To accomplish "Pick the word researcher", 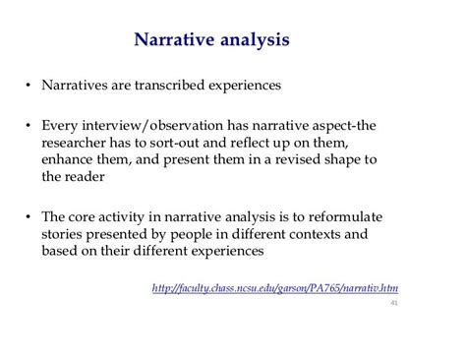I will pos(77,145).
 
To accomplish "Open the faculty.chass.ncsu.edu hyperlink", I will pos(280,287).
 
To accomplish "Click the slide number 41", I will pos(394,303).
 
